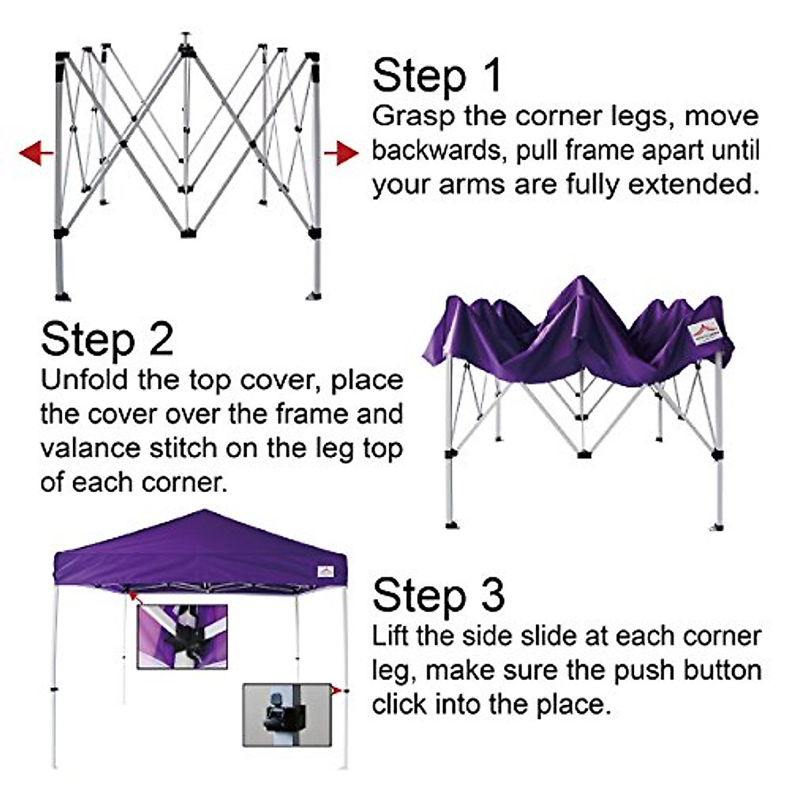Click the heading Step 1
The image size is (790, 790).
437,76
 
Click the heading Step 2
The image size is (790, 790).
107,340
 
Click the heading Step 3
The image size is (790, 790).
438,596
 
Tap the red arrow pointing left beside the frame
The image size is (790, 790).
36,153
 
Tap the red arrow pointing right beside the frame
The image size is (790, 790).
341,153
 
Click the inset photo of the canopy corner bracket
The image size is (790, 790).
182,637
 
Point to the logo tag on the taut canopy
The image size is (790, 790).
325,571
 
